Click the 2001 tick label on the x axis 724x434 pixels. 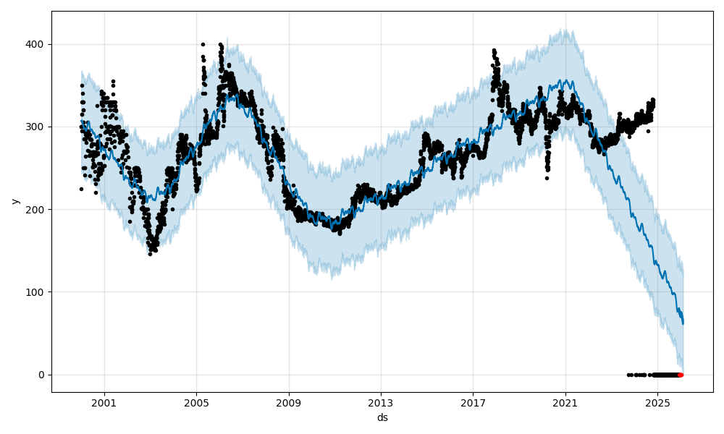click(x=104, y=403)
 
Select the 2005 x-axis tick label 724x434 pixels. click(x=196, y=403)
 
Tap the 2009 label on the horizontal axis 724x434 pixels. click(x=289, y=403)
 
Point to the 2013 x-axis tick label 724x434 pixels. click(x=381, y=403)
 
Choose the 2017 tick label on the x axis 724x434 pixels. click(x=473, y=403)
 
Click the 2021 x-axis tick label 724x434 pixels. click(x=565, y=403)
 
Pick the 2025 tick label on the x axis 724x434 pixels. click(x=657, y=403)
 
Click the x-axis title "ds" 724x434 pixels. click(x=382, y=417)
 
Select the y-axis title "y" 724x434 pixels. click(x=14, y=201)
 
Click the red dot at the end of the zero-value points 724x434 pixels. click(x=681, y=375)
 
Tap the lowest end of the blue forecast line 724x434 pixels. click(x=683, y=323)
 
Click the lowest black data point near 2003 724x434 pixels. click(x=150, y=254)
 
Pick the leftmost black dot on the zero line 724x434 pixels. click(x=628, y=375)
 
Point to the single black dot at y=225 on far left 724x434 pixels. click(x=81, y=189)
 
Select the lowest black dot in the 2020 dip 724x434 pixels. click(x=547, y=178)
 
